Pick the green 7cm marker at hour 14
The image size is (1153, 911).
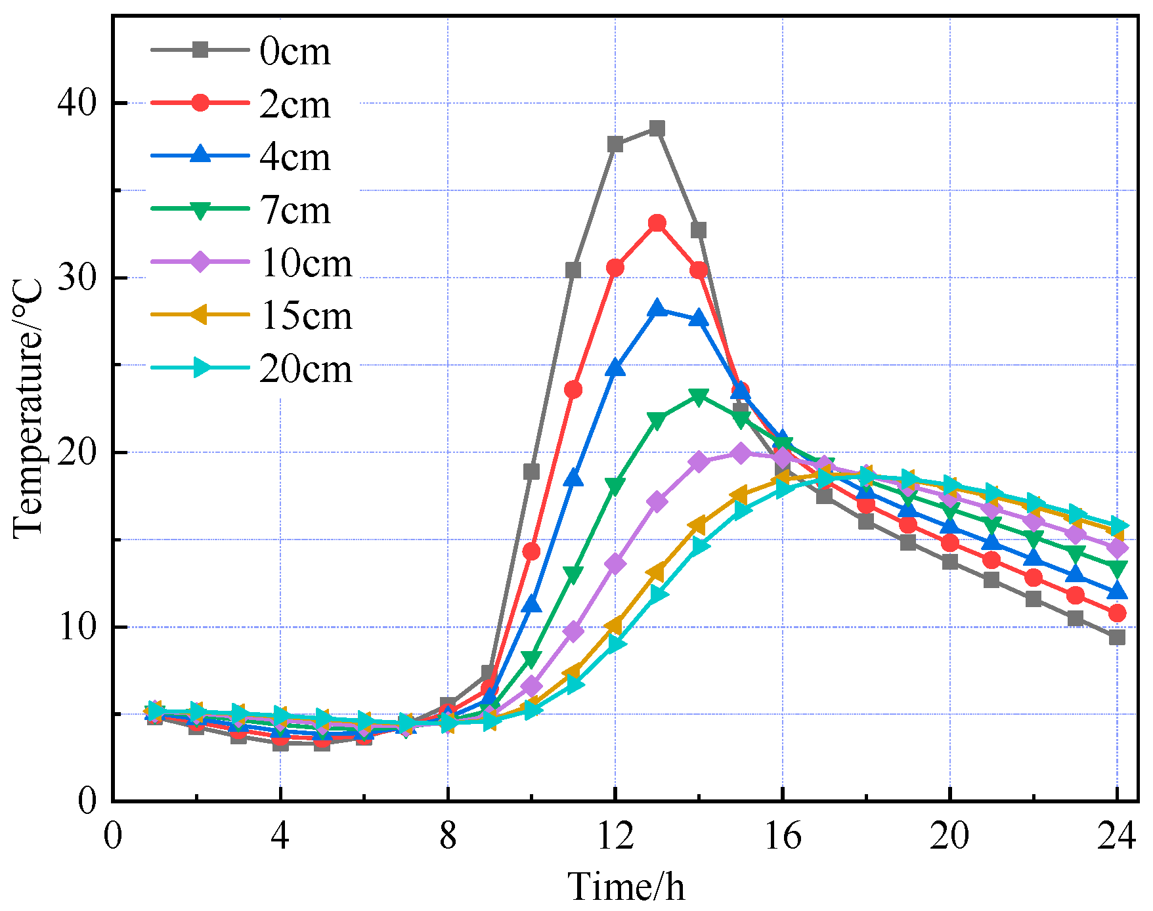[x=699, y=397]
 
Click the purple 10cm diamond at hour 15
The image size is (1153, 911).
[x=741, y=454]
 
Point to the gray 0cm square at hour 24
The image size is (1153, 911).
[x=1117, y=637]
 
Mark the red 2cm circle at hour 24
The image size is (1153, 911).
[x=1117, y=613]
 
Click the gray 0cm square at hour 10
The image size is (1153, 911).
[x=531, y=472]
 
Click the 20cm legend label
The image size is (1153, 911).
[x=305, y=369]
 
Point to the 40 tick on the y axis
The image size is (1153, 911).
[x=77, y=103]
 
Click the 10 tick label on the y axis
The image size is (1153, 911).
[x=77, y=627]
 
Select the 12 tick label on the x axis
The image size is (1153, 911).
[x=615, y=836]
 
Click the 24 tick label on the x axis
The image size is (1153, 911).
[x=1116, y=836]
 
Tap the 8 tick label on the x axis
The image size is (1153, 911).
[x=448, y=836]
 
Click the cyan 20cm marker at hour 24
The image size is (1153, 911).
[x=1117, y=526]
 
